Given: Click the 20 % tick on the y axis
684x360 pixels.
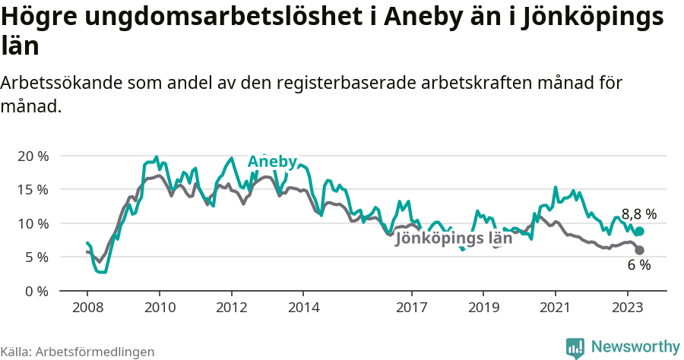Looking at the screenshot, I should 33,156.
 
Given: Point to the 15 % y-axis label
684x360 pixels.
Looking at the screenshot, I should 33,189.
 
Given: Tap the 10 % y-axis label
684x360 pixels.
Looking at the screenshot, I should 33,223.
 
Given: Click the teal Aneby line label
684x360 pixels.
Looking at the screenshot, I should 272,162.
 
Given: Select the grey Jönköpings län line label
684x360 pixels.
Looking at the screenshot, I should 454,238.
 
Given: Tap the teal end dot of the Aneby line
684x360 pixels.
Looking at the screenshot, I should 639,232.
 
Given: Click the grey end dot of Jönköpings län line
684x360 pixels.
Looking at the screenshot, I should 639,250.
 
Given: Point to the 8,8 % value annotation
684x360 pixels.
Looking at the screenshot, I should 638,214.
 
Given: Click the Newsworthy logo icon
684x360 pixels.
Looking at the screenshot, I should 575,347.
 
